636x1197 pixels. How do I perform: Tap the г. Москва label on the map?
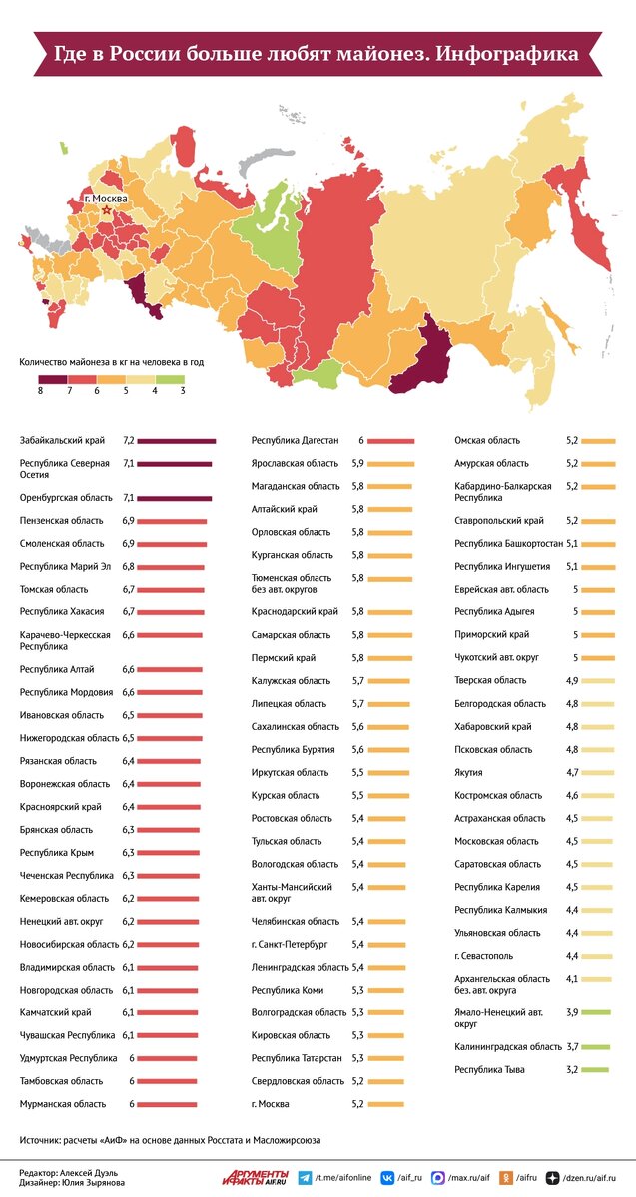105,199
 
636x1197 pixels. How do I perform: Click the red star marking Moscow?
106,210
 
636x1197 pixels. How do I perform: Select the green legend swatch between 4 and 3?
170,378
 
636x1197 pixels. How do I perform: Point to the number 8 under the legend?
40,391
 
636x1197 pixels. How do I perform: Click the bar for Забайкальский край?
177,440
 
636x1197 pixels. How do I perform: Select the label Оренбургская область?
66,497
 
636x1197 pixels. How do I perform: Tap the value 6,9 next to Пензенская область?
128,521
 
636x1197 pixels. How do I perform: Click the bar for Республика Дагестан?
397,440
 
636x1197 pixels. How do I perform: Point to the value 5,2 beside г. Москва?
359,1104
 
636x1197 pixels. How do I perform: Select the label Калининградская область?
506,1046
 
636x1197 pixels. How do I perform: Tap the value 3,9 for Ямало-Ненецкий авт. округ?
572,1012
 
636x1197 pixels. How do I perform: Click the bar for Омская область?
598,440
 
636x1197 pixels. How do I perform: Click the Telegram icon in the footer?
305,1177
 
